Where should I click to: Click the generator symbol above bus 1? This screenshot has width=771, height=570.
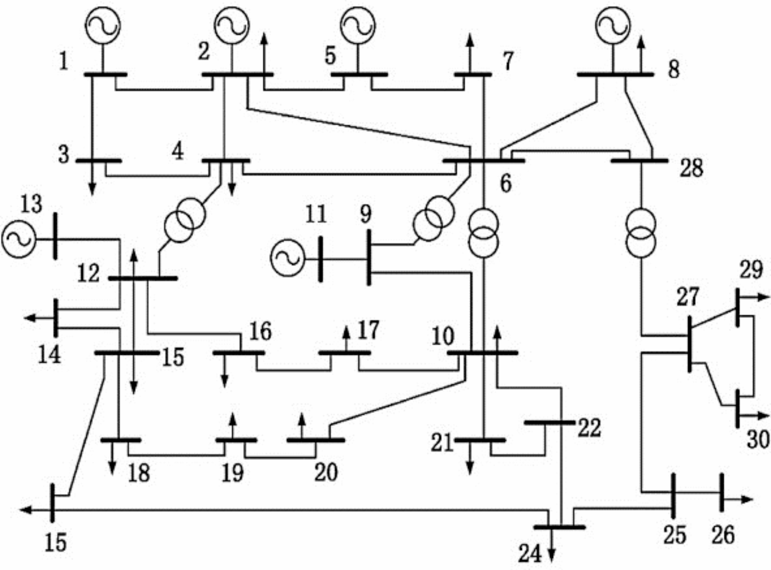coord(103,25)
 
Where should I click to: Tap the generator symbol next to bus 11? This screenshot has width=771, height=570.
coord(287,258)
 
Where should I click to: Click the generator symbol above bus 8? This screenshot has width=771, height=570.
coord(613,25)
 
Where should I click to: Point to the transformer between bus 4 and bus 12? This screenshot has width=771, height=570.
coord(185,220)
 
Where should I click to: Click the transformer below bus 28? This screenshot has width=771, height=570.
coord(640,233)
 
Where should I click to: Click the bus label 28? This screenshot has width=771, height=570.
coord(691,168)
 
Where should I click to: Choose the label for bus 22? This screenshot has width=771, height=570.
coord(589,428)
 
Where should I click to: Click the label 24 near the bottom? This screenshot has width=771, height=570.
coord(530,554)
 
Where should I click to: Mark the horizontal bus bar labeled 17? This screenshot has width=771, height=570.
coord(345,353)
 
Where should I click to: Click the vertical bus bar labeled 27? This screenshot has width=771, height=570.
coord(690,344)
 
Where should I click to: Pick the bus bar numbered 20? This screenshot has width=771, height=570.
coord(316,440)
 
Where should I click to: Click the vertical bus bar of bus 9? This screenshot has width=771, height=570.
coord(369,257)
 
